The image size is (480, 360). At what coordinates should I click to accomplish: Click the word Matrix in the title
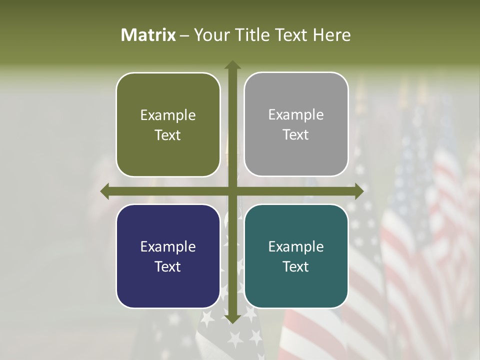148,35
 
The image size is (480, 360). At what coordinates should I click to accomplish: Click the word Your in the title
210,35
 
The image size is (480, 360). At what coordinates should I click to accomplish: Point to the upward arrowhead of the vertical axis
232,65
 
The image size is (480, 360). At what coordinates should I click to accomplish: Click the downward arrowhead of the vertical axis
232,318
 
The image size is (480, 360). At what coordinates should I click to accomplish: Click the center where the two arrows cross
232,191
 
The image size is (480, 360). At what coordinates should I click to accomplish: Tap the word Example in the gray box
296,115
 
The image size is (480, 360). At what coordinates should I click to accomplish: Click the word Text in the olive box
168,135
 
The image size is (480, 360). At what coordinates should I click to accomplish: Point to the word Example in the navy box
168,246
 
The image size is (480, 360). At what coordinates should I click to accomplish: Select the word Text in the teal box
296,266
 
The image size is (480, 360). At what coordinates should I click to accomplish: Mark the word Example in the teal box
296,246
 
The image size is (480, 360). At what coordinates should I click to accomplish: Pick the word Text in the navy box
168,266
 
